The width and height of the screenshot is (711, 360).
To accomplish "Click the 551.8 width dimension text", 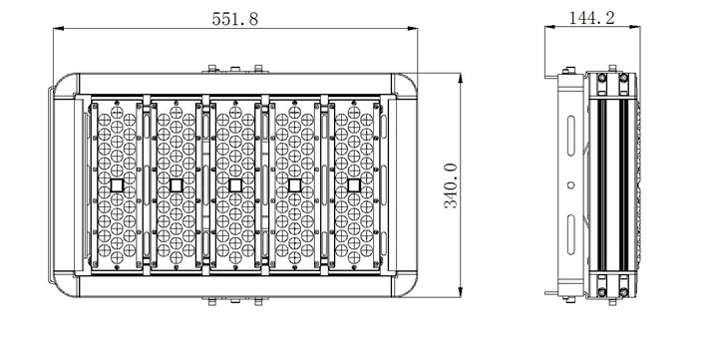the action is click(x=235, y=19).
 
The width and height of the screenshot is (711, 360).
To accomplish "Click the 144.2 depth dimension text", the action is click(x=591, y=18).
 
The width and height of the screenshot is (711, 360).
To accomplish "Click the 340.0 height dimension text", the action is click(x=451, y=185).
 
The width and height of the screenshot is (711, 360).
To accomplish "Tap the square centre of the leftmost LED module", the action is click(x=117, y=185).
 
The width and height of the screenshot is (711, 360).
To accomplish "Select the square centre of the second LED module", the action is click(x=176, y=185).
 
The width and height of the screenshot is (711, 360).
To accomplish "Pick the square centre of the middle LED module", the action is click(x=235, y=185).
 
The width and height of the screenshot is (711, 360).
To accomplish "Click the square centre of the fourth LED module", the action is click(x=295, y=185).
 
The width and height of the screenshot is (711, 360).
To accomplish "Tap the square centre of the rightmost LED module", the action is click(x=354, y=185).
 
